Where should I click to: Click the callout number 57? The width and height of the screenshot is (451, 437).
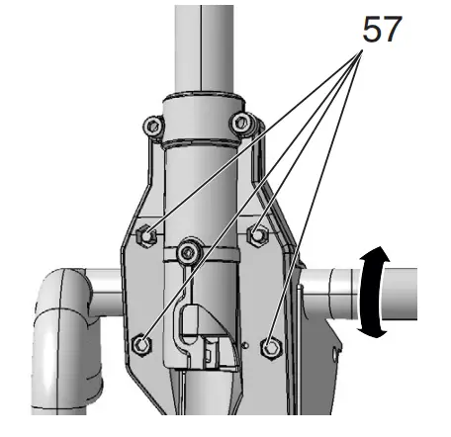382,29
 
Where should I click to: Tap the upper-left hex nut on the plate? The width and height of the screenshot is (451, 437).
146,235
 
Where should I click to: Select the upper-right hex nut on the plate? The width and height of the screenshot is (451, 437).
258,235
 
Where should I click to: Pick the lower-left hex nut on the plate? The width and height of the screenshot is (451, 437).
141,345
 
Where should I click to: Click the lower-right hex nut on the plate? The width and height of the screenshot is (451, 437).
271,348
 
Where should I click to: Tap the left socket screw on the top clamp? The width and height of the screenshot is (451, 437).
153,126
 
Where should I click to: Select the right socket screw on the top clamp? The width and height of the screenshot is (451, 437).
241,123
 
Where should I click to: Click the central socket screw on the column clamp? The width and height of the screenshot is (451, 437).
189,253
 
